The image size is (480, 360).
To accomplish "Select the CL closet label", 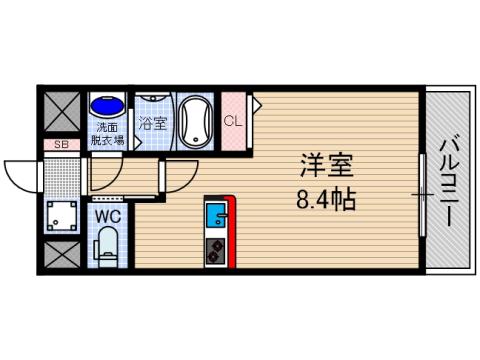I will [x=233, y=122].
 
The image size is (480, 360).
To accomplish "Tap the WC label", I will [x=108, y=213].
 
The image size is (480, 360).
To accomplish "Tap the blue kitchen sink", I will [x=215, y=214].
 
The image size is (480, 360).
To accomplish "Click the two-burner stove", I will [x=215, y=247].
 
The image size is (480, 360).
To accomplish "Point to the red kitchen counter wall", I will [x=230, y=232].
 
